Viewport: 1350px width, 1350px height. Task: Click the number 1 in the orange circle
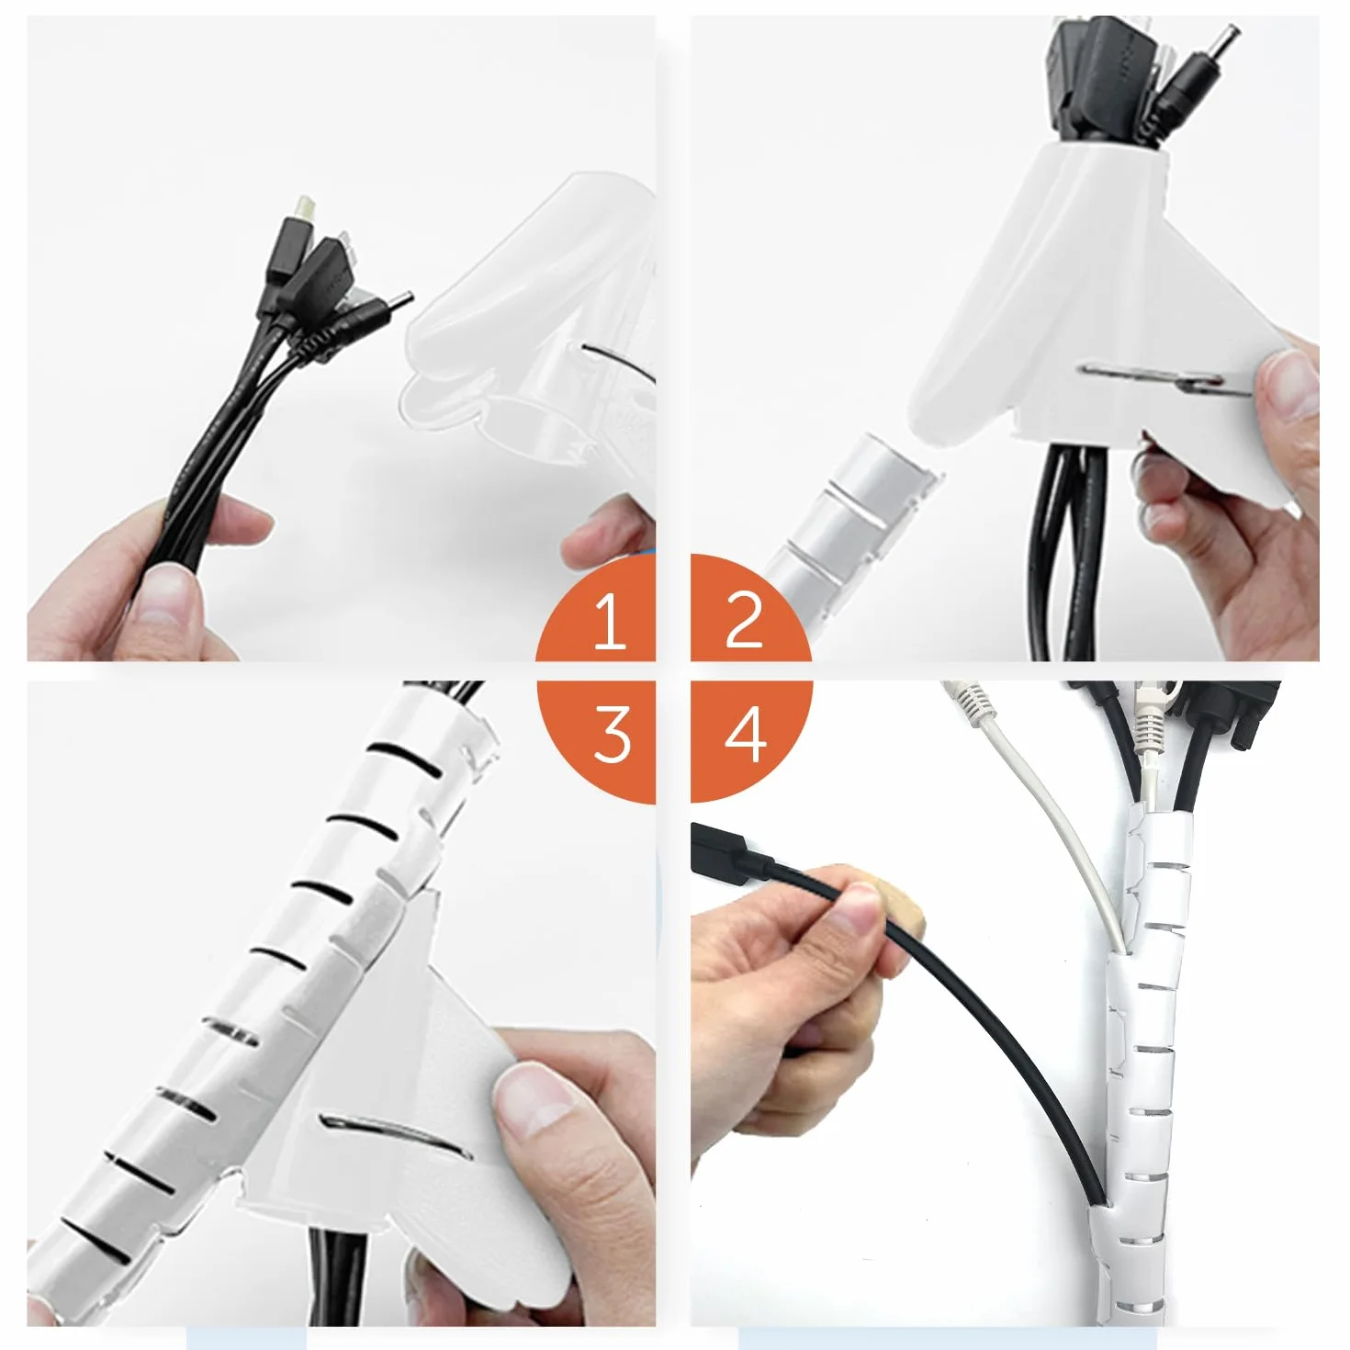point(610,618)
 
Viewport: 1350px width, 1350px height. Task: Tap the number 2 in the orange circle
point(743,618)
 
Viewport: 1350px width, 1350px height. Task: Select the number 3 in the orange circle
point(612,734)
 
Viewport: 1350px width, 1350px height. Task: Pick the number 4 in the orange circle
point(745,734)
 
